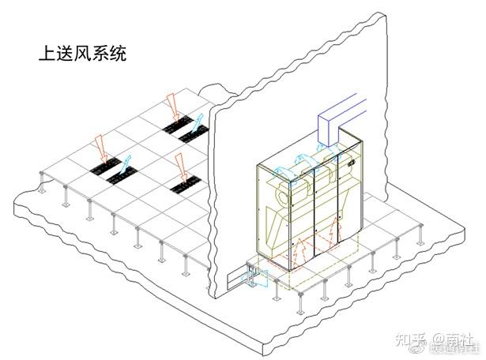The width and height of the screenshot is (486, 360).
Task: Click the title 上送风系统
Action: (82, 55)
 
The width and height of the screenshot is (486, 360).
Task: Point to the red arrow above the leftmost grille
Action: (100, 146)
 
